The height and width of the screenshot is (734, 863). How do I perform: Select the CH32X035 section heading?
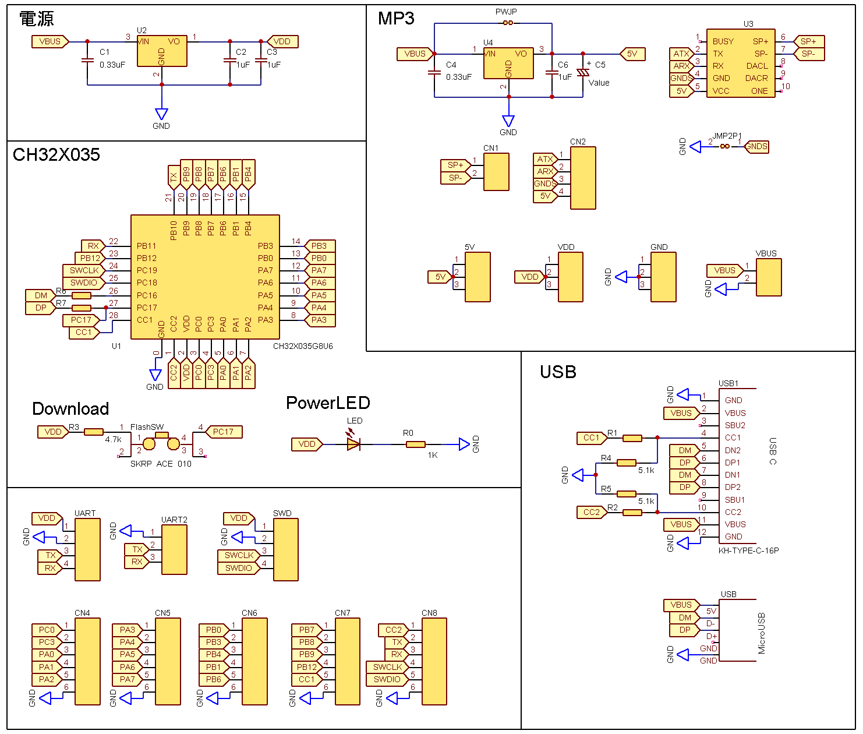[56, 155]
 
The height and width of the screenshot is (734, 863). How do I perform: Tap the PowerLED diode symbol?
[353, 444]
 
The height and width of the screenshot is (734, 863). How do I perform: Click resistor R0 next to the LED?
[415, 444]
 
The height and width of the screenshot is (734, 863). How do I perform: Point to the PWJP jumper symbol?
[508, 23]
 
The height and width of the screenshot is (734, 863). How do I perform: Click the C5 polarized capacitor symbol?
[583, 73]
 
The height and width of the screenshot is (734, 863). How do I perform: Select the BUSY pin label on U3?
[723, 41]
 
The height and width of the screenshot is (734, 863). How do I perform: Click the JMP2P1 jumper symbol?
[724, 146]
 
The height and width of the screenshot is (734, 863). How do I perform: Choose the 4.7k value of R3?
[113, 440]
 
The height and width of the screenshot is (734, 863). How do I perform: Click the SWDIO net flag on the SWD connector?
[238, 568]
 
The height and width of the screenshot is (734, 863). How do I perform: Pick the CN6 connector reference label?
[249, 613]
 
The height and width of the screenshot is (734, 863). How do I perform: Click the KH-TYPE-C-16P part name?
[748, 550]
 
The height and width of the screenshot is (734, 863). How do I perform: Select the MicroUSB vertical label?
[762, 633]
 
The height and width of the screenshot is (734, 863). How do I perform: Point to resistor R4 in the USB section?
[626, 463]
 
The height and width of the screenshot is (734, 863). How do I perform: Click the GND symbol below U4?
[508, 121]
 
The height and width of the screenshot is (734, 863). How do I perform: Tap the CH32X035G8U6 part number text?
[303, 346]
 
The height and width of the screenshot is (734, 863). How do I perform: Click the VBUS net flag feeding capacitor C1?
[50, 41]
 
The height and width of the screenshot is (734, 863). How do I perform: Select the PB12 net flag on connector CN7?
[306, 667]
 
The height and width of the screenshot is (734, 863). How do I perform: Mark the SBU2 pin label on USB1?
[735, 425]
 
